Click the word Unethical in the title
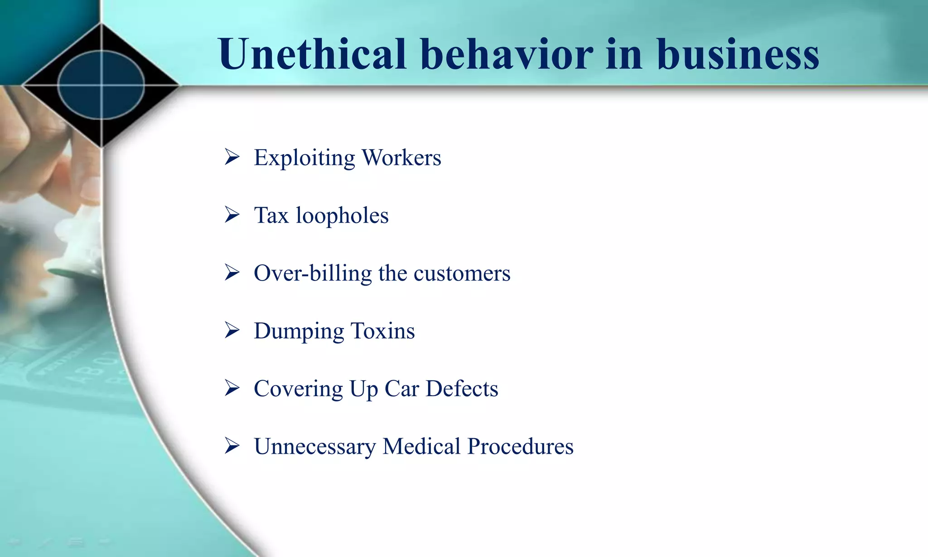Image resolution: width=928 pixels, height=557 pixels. click(312, 54)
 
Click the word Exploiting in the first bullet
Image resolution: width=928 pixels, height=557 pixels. click(304, 158)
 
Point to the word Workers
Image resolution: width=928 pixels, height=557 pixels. click(401, 158)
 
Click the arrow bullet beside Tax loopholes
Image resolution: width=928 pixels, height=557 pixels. click(232, 215)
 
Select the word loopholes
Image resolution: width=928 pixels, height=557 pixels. click(342, 216)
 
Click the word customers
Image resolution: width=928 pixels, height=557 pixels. click(462, 274)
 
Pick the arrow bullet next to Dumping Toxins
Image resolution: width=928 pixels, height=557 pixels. click(232, 330)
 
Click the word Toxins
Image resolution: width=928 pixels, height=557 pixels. click(382, 331)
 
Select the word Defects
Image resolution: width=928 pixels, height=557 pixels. click(462, 388)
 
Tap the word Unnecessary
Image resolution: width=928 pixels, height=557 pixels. click(315, 446)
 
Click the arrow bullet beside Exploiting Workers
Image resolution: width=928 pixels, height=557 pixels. click(232, 157)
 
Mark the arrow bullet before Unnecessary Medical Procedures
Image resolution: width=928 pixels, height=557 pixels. click(232, 446)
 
